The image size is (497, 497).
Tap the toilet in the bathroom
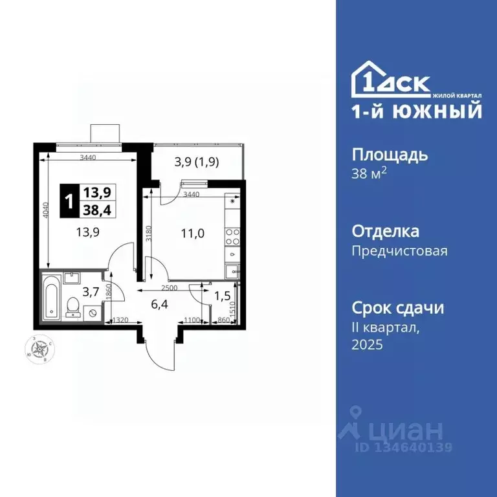click(74, 304)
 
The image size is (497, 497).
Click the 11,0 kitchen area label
click(193, 234)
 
